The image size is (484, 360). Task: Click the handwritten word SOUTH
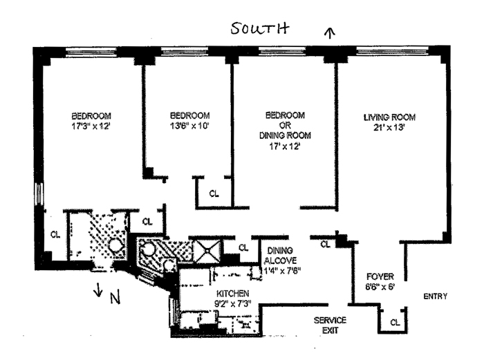[x=260, y=28]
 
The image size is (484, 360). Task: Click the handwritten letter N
[x=115, y=298]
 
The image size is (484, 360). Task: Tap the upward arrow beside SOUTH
[x=331, y=32]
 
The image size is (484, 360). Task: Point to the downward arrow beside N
[x=98, y=290]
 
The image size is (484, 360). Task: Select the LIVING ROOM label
[x=389, y=117]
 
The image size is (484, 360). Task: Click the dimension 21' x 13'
[x=389, y=127]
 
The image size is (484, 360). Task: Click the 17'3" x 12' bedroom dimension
[x=91, y=126]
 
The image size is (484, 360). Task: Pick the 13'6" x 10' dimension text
[x=190, y=126]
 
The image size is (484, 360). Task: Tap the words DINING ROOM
[x=285, y=135]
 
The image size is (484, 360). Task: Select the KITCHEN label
[x=233, y=294]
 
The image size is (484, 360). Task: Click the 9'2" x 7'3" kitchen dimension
[x=233, y=303]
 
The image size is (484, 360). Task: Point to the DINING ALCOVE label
[x=280, y=256]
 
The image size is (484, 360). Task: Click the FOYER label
[x=380, y=276]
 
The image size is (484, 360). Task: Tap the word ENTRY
[x=435, y=296]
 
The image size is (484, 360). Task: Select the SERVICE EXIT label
[x=330, y=325]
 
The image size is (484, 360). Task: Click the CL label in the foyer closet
[x=395, y=323]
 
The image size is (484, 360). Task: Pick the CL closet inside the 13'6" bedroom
[x=214, y=193]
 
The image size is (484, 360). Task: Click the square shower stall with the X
[x=207, y=251]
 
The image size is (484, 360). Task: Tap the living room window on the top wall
[x=393, y=50]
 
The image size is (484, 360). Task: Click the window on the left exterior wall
[x=39, y=193]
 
